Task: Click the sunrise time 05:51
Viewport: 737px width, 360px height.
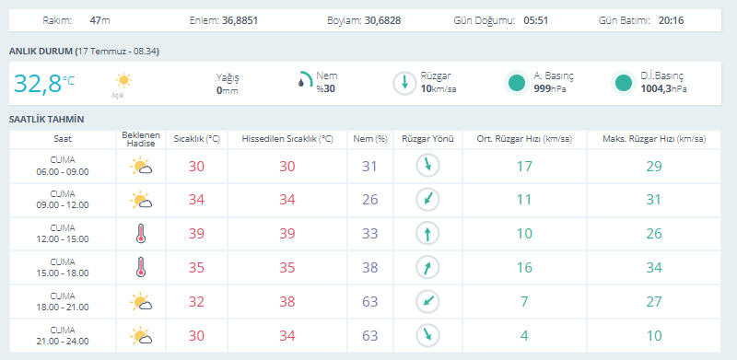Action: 536,20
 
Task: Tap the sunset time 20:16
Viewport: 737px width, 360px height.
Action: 672,20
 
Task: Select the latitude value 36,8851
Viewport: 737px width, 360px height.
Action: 240,20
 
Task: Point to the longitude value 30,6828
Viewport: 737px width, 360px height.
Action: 383,20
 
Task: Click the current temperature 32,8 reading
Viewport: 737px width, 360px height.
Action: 38,84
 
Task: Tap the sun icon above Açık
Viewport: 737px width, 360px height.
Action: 123,80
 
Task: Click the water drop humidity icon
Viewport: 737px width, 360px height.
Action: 301,83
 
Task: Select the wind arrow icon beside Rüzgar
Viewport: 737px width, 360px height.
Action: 404,84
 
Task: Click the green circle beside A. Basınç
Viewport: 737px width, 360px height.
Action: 517,83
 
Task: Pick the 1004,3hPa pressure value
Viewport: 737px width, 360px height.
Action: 663,88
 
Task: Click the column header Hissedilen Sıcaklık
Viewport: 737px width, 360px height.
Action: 287,139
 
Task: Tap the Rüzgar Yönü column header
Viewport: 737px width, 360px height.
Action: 427,139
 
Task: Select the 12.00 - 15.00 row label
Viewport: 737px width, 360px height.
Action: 63,238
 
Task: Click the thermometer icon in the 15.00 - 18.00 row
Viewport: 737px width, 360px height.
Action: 141,267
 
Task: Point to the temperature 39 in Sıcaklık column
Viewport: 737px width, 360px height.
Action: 196,234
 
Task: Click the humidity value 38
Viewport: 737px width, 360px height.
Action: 370,267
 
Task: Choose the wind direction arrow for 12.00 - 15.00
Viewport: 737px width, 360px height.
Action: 427,234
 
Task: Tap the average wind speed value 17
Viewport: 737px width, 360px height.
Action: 524,166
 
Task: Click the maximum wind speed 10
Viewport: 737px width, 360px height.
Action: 653,335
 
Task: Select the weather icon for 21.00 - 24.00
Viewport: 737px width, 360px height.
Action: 141,335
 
